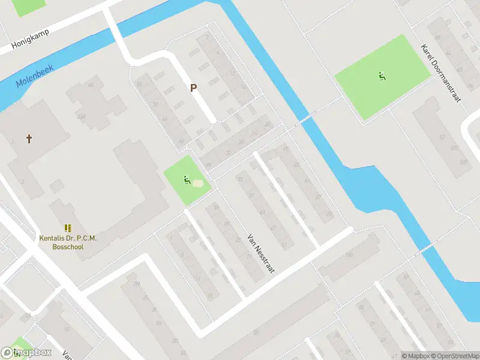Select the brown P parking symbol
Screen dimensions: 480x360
pos(193,88)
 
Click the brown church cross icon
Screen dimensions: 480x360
pos(28,139)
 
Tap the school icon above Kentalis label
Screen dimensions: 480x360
pos(68,228)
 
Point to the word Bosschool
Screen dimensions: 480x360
pos(68,247)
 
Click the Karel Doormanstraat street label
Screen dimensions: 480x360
pos(441,73)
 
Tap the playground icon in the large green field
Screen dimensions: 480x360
pos(382,76)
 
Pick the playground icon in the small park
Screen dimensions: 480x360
pos(187,178)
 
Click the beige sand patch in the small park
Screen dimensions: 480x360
pos(197,182)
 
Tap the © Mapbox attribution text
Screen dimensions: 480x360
pos(415,356)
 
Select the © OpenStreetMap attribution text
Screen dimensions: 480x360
pos(454,356)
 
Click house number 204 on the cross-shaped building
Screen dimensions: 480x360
pos(81,116)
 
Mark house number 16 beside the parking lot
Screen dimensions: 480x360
pos(242,88)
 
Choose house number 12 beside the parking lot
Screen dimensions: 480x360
pos(233,73)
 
